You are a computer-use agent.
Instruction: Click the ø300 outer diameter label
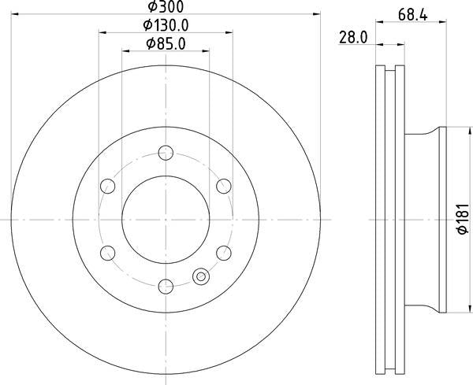[x=166, y=7]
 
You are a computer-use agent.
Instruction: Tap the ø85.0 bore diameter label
[x=166, y=43]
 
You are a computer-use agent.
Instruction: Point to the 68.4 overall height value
[x=408, y=13]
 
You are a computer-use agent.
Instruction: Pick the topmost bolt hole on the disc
[x=166, y=152]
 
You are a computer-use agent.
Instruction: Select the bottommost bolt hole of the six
[x=166, y=286]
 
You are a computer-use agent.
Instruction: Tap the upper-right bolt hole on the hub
[x=224, y=186]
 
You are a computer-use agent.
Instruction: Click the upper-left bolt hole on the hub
[x=108, y=186]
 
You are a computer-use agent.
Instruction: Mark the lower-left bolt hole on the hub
[x=108, y=252]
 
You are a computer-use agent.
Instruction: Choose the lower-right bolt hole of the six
[x=224, y=252]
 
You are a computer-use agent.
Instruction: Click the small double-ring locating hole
[x=200, y=276]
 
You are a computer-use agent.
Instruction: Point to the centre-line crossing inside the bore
[x=166, y=219]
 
